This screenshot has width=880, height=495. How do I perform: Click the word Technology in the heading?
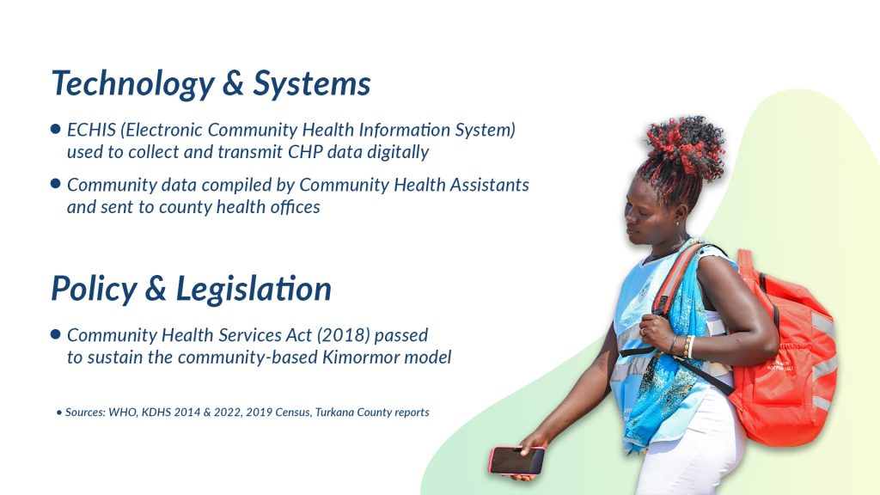pos(133,84)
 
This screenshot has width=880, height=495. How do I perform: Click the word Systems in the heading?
pos(311,84)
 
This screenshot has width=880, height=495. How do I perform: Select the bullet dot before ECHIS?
pos(55,129)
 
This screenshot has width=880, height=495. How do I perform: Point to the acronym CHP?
pos(305,152)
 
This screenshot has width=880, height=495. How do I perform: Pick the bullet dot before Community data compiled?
pos(55,184)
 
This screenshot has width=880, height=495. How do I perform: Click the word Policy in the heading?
pos(94,290)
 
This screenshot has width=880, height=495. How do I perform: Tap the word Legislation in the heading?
pos(254,289)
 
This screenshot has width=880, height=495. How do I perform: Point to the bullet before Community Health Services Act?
pos(55,334)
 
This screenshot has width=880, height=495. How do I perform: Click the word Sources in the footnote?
pos(85,412)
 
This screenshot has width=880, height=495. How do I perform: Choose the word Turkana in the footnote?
pos(334,412)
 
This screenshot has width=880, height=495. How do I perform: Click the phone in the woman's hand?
pos(516,461)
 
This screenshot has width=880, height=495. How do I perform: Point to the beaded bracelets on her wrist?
pos(687,347)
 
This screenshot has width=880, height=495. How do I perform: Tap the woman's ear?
pos(679,214)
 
